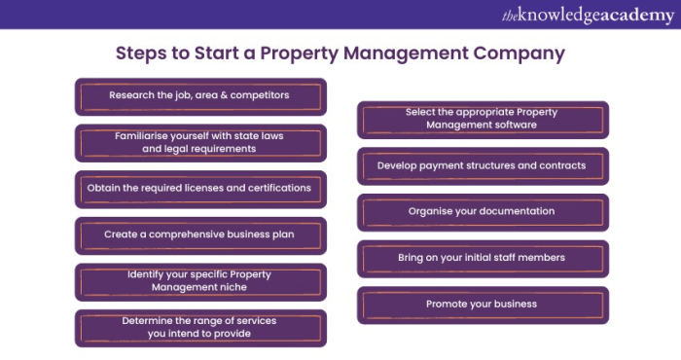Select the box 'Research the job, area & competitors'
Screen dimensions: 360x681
pos(200,96)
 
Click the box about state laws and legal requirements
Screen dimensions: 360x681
pos(200,143)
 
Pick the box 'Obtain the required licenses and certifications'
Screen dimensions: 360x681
pos(200,188)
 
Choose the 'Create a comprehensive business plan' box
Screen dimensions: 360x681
pos(200,234)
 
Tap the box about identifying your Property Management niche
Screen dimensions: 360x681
pos(200,281)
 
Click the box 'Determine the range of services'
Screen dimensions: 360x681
pos(200,327)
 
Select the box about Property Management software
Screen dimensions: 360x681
pos(484,119)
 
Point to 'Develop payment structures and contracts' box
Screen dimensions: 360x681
pos(484,165)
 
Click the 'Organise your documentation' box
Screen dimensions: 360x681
pos(484,211)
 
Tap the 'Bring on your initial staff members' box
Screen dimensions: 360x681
pos(484,258)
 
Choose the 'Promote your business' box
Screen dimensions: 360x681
pos(484,304)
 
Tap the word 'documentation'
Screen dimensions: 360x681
pos(520,211)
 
